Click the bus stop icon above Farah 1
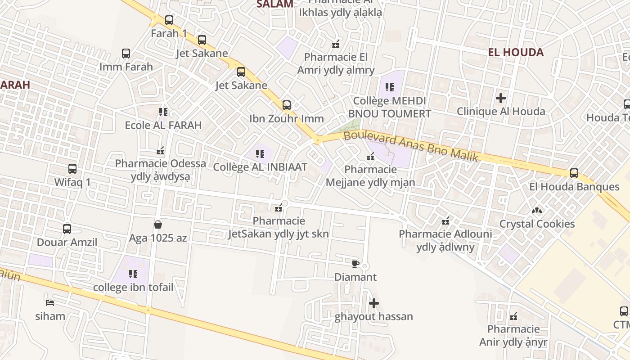tap(169, 20)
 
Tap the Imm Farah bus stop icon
tap(126, 54)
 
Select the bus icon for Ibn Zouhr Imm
tap(287, 105)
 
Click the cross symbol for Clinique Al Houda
tap(501, 98)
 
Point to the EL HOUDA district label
tap(516, 52)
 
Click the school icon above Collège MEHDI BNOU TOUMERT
tap(390, 87)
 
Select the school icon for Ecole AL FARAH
tap(163, 112)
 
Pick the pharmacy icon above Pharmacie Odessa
tap(160, 151)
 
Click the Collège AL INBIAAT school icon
tap(260, 154)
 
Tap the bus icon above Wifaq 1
tap(72, 169)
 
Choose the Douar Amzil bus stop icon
tap(67, 229)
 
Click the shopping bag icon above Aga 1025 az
tap(158, 224)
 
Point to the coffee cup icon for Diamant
tap(355, 264)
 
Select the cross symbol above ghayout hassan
tap(373, 303)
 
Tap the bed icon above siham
tap(50, 303)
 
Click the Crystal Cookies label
tap(537, 224)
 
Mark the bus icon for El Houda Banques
tap(574, 173)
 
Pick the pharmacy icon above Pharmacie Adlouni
tap(445, 221)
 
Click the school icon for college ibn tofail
tap(133, 274)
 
